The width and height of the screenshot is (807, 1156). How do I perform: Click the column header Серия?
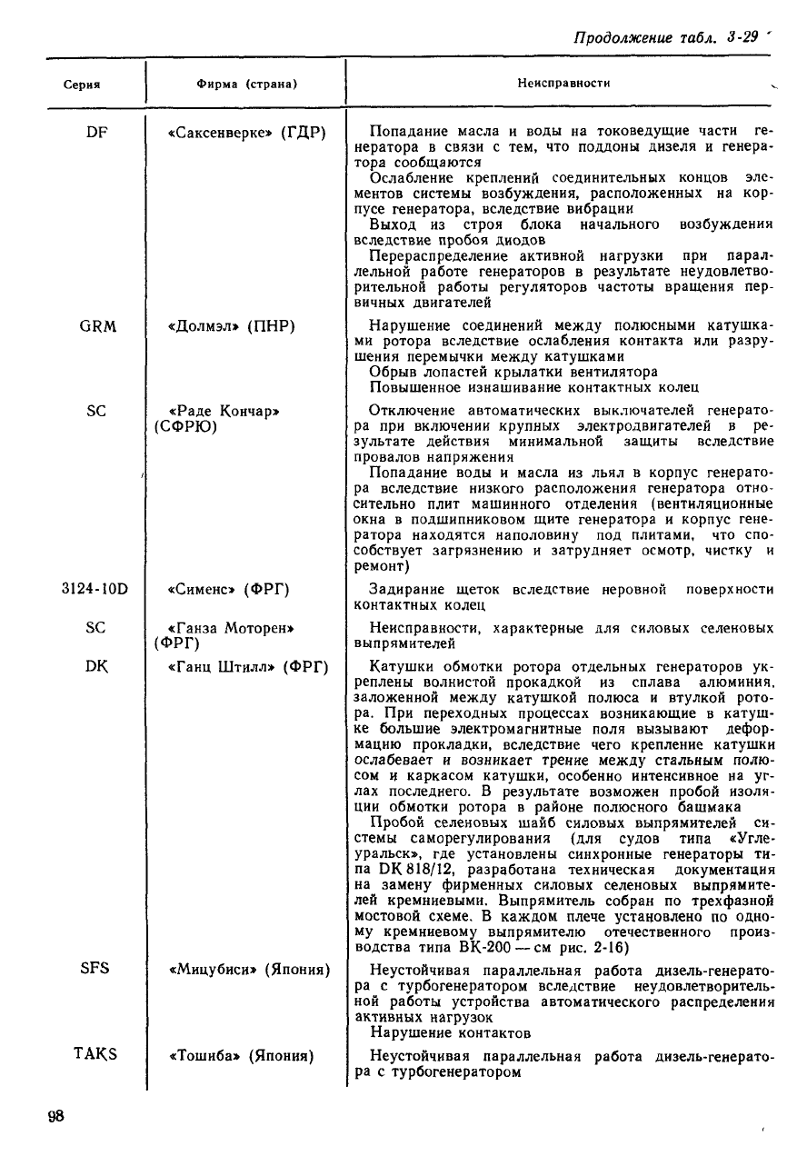81,85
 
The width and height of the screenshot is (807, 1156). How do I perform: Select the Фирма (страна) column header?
247,85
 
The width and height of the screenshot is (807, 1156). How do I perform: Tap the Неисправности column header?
563,83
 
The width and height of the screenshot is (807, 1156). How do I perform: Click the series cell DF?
96,133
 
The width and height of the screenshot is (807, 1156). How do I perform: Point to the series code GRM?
96,325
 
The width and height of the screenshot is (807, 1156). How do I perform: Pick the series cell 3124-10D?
95,589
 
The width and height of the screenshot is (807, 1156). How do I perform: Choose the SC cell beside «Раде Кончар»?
96,411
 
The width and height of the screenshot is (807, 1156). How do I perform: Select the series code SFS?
95,968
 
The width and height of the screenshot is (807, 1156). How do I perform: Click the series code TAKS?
95,1054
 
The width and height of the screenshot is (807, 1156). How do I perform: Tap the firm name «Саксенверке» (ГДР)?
246,133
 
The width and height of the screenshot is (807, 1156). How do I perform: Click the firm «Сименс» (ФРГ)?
229,589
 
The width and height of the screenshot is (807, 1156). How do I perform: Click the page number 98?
56,1117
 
